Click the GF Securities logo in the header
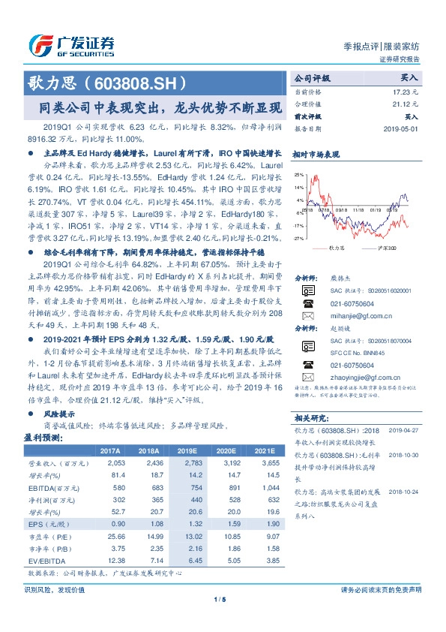[x=71, y=46]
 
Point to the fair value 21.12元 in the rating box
[x=406, y=103]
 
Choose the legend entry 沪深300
[x=387, y=247]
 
